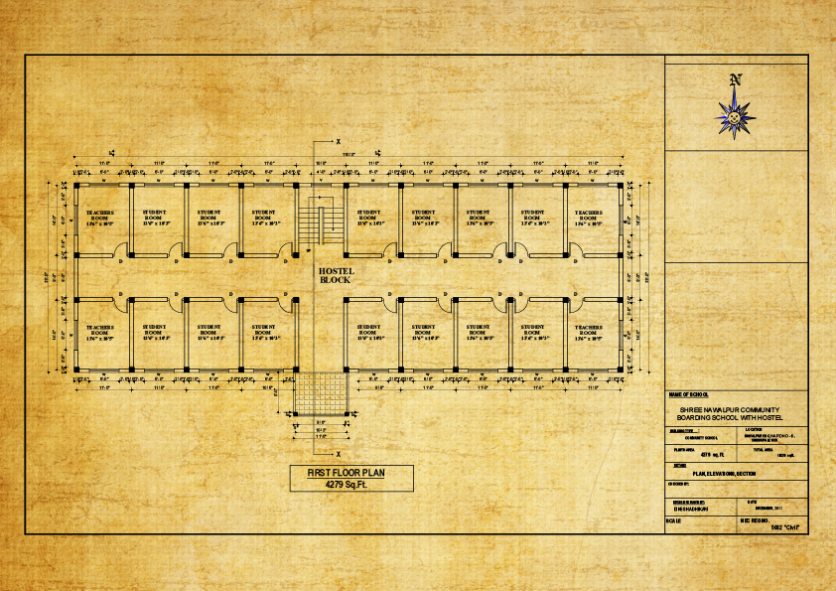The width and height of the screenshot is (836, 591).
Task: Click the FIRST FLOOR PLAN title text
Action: (338, 474)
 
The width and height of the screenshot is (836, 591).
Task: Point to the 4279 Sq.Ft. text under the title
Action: (338, 487)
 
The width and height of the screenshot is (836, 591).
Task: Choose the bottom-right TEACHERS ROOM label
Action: (588, 331)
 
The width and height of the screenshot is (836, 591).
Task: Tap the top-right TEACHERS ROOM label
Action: (588, 217)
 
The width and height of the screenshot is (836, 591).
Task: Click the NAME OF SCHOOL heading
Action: (690, 395)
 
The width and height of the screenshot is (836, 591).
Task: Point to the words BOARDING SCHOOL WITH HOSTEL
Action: (730, 417)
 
